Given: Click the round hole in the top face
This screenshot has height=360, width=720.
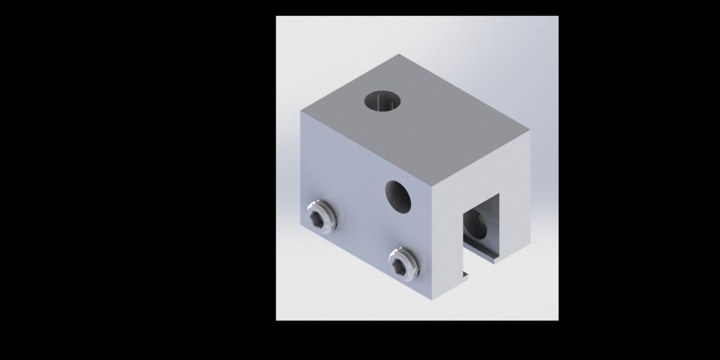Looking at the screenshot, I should [x=383, y=101].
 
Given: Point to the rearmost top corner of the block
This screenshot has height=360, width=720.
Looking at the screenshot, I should [x=399, y=54].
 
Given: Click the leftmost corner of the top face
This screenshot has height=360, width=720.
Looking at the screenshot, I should [x=301, y=111].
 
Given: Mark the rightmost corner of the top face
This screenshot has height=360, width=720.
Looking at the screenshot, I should [x=530, y=130].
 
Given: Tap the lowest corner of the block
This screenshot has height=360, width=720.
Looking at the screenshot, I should [x=432, y=300].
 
